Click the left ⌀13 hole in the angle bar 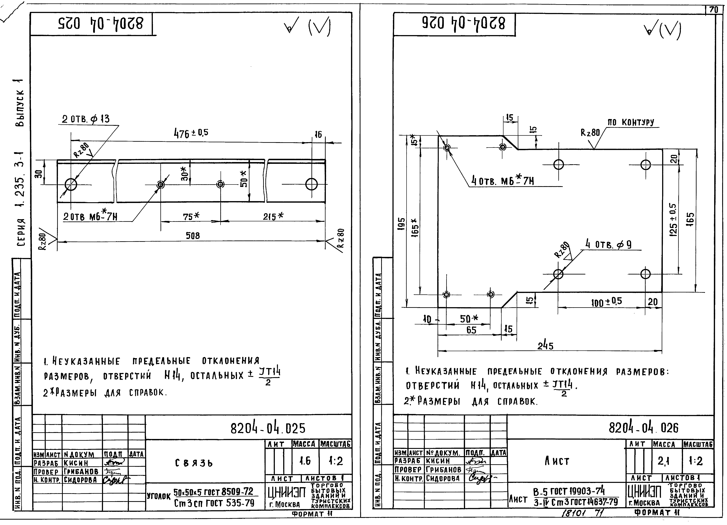point(71,184)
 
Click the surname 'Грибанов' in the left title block point(81,471)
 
